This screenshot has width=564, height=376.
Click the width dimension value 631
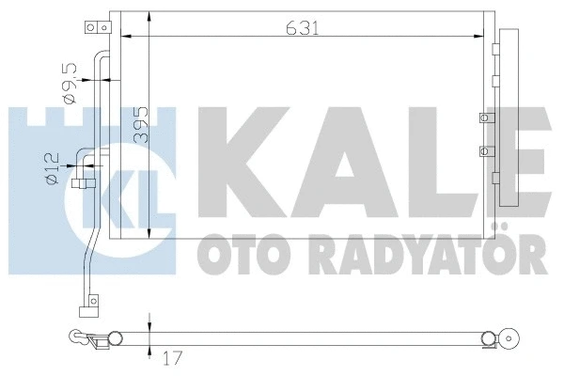(x=303, y=29)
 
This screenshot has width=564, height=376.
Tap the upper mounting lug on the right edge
(x=485, y=118)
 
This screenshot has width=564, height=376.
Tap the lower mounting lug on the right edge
(x=485, y=150)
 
